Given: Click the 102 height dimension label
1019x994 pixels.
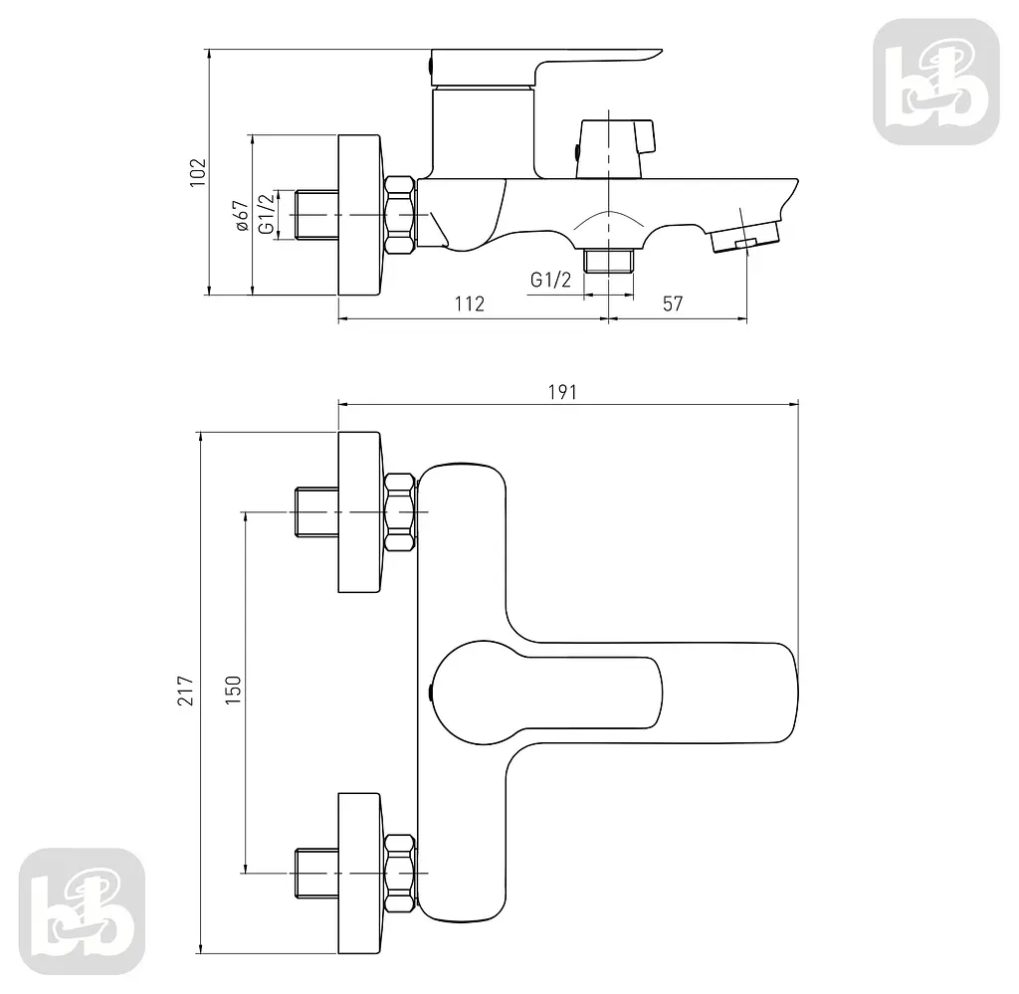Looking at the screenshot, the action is pyautogui.click(x=198, y=172).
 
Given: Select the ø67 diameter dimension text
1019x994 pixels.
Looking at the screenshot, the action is pyautogui.click(x=241, y=215).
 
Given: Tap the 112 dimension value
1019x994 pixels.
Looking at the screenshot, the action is pyautogui.click(x=470, y=303).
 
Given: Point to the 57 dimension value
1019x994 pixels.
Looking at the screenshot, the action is pyautogui.click(x=673, y=303).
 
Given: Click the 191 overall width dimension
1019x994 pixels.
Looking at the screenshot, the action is pyautogui.click(x=562, y=392).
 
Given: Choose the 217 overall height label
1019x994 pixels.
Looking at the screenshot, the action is pyautogui.click(x=186, y=690).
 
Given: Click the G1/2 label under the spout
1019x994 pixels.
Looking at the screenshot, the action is pyautogui.click(x=550, y=280).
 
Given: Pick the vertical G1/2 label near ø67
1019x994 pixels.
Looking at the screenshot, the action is pyautogui.click(x=267, y=214).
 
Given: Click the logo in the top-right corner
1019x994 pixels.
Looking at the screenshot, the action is pyautogui.click(x=935, y=82).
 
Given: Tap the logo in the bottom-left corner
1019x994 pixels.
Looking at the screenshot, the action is pyautogui.click(x=82, y=910).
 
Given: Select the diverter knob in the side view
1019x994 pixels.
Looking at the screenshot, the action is pyautogui.click(x=615, y=148).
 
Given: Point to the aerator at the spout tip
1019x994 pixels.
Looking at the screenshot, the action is pyautogui.click(x=744, y=237).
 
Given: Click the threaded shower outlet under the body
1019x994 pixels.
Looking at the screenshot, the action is pyautogui.click(x=608, y=260).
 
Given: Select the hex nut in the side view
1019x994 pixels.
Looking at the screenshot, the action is pyautogui.click(x=400, y=215).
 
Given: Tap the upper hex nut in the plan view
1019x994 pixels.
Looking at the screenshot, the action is pyautogui.click(x=400, y=512).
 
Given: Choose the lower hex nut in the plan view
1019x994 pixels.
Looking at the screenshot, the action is pyautogui.click(x=400, y=874).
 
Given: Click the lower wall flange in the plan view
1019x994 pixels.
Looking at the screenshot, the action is pyautogui.click(x=359, y=874).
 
